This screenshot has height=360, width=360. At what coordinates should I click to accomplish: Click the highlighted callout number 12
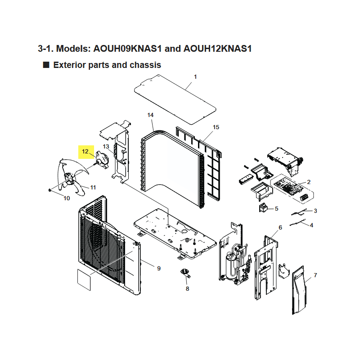pos(85,152)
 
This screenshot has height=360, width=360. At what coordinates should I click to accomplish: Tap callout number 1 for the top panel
pos(195,77)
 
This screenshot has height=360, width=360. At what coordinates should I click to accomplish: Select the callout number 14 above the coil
pos(150,116)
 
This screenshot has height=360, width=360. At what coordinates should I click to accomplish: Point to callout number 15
pos(216,127)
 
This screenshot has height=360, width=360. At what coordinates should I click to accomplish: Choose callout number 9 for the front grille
pos(158,269)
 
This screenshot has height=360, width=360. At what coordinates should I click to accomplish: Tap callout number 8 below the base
pos(187,288)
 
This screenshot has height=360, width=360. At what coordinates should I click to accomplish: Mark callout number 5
pos(276,209)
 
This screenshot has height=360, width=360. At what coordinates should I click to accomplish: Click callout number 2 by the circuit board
pos(309,182)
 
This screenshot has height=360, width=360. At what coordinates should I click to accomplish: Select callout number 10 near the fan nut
pos(67,198)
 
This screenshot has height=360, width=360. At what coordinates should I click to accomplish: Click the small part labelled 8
pos(185,272)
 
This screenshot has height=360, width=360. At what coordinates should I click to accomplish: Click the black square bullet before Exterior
pos(45,65)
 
